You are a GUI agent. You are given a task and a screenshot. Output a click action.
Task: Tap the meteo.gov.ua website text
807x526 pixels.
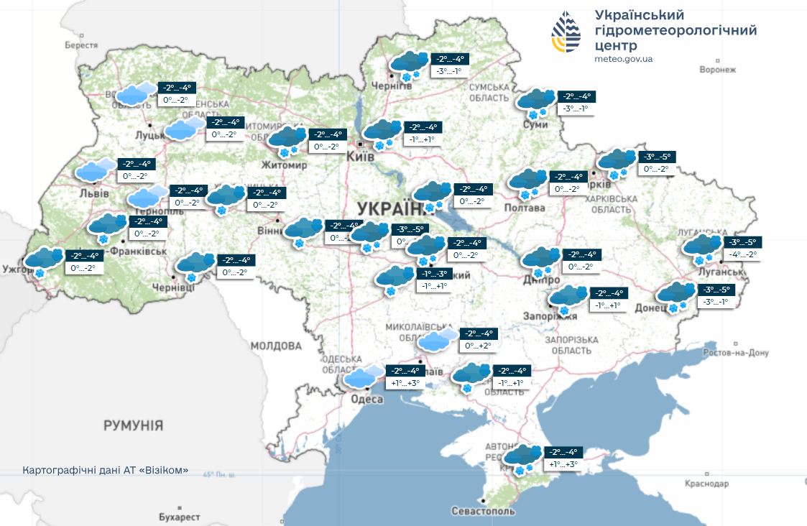[x=624, y=59]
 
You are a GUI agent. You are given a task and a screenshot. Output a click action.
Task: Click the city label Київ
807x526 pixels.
[x=360, y=156]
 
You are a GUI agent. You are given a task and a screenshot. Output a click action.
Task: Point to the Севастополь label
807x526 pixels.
[x=483, y=511]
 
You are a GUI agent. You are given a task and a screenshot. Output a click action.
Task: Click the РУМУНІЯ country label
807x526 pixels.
[x=133, y=425]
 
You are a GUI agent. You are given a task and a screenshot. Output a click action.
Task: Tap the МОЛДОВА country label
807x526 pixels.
[x=276, y=346]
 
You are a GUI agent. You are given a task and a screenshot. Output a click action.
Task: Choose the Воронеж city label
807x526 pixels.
[x=718, y=70]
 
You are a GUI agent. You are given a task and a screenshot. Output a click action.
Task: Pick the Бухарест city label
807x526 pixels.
[x=179, y=517]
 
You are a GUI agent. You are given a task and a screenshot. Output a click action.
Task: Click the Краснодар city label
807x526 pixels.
[x=706, y=484]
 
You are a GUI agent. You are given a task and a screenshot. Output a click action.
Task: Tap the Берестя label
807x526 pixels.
[x=80, y=45]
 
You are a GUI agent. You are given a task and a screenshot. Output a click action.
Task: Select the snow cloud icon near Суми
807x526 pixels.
[x=535, y=101]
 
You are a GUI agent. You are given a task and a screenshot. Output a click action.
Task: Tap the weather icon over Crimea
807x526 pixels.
[x=522, y=458]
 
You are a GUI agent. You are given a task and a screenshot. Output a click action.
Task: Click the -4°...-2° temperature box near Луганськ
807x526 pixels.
[x=742, y=254]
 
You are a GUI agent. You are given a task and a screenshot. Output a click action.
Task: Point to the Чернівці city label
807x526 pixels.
[x=173, y=287]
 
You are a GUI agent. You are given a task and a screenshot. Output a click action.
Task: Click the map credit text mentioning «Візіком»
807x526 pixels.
[x=106, y=471]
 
